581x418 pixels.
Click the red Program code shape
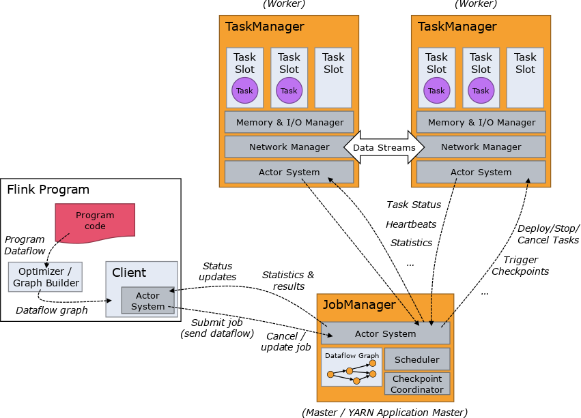coord(95,220)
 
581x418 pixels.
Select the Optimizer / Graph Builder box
coord(45,277)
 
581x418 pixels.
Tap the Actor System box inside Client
coord(147,301)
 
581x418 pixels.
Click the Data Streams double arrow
coord(384,147)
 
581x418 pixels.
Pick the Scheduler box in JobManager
coord(416,359)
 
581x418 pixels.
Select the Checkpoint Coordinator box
coord(416,384)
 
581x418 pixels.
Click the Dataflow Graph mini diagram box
coord(352,368)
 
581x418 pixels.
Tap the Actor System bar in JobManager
coord(385,333)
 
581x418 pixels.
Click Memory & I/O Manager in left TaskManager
coord(289,123)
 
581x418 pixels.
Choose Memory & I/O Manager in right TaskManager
coord(481,123)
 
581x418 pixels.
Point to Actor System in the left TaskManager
coord(289,172)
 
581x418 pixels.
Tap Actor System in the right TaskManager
coord(481,172)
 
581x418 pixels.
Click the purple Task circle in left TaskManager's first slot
coord(244,91)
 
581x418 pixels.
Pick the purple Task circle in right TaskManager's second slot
coord(481,91)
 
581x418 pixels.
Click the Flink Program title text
coord(48,190)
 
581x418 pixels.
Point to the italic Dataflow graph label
coord(52,310)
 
